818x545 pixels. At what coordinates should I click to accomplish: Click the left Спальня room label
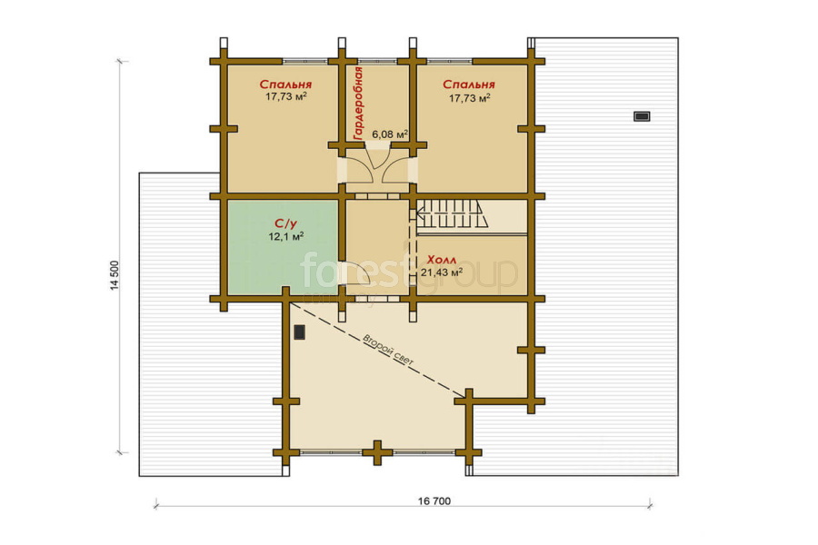(x=285, y=84)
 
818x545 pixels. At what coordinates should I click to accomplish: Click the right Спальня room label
(x=469, y=84)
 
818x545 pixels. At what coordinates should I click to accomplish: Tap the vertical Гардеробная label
(x=358, y=103)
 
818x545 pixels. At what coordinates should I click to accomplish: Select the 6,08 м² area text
(x=390, y=134)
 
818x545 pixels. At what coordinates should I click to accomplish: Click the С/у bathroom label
(x=286, y=223)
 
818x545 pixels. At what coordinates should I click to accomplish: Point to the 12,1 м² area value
(x=286, y=236)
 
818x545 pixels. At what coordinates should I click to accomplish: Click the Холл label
(x=442, y=260)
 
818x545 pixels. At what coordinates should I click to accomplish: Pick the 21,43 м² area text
(x=442, y=272)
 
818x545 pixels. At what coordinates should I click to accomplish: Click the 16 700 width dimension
(x=434, y=501)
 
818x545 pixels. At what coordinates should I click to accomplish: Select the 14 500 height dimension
(x=115, y=275)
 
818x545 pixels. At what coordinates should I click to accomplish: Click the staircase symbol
(x=452, y=213)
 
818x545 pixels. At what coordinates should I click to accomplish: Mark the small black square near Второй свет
(x=299, y=332)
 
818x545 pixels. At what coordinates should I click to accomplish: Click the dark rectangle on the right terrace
(x=642, y=116)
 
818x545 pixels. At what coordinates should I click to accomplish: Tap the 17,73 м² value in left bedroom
(x=286, y=96)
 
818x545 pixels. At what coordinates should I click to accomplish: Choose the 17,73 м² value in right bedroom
(x=470, y=97)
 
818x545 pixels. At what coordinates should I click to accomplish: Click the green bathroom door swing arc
(x=361, y=279)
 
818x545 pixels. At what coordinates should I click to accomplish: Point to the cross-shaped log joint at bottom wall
(x=376, y=452)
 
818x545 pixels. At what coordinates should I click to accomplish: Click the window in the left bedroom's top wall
(x=305, y=61)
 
